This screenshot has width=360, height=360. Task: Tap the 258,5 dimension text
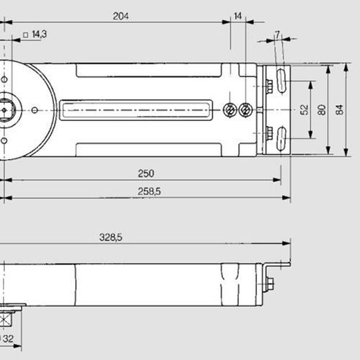point(148,190)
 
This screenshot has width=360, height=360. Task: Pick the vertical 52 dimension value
point(303,109)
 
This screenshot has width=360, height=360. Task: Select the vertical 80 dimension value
point(321,109)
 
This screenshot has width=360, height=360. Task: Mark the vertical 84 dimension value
point(340,109)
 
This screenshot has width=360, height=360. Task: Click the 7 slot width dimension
point(278,35)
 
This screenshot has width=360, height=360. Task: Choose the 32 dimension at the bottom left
point(8,338)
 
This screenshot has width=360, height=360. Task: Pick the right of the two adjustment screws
point(247,110)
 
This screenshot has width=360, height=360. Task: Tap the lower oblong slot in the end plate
point(281,138)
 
